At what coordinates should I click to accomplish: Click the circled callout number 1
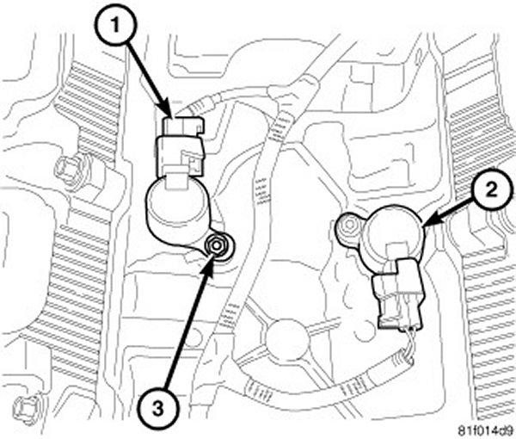tap(115, 27)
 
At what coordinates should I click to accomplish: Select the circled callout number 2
tap(491, 190)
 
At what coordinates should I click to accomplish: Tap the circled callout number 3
tap(158, 409)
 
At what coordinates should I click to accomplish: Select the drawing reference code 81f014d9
tap(487, 431)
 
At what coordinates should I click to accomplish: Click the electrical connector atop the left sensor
tap(181, 148)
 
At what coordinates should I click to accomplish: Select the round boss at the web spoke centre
tap(287, 340)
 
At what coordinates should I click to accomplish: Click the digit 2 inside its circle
tap(491, 190)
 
